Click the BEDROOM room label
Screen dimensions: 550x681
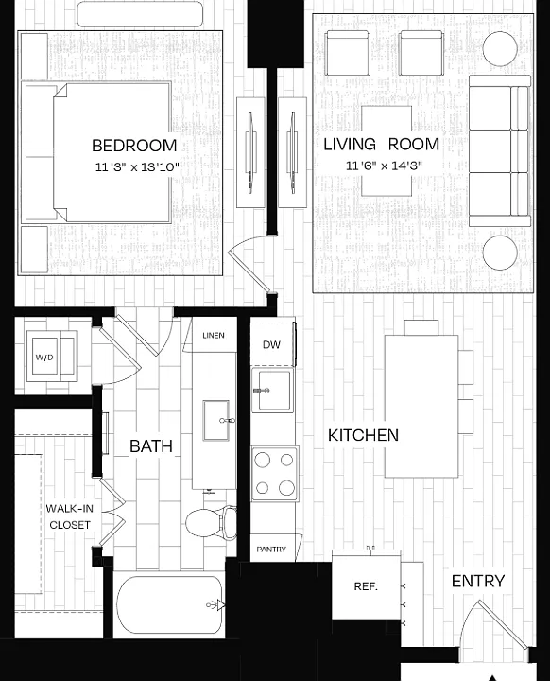point(134,146)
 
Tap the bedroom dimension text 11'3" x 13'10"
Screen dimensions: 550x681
point(137,166)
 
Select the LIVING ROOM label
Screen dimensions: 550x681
point(382,144)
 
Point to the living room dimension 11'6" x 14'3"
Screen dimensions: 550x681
point(384,166)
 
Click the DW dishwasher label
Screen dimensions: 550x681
point(272,345)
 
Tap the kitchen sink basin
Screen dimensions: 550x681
point(272,390)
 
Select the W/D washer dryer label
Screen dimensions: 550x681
point(44,357)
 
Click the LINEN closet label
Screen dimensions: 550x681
point(214,335)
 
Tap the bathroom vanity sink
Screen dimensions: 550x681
point(216,420)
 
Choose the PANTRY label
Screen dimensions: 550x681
point(271,550)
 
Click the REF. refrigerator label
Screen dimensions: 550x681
point(366,586)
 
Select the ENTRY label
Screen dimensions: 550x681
point(478,581)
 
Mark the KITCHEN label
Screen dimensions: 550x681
point(363,435)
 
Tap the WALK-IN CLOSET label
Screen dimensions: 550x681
point(69,516)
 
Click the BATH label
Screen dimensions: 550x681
point(151,446)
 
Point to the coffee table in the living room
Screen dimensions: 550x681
point(387,150)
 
